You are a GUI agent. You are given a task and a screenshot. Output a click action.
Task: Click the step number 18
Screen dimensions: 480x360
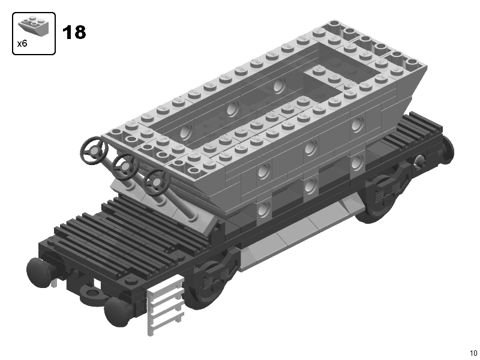[x=74, y=32]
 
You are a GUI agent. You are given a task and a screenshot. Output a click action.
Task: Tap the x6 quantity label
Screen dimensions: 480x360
[x=22, y=44]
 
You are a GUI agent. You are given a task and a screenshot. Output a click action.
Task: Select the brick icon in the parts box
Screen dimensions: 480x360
[x=34, y=26]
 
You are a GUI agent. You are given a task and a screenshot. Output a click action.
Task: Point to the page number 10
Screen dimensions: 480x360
[x=473, y=353]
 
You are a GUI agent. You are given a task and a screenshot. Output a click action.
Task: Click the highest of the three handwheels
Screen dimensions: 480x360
[x=94, y=151]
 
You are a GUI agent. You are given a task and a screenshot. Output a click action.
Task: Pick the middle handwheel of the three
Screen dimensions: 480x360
[x=125, y=167]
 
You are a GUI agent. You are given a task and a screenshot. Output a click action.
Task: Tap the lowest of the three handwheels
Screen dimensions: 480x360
[x=156, y=182]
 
